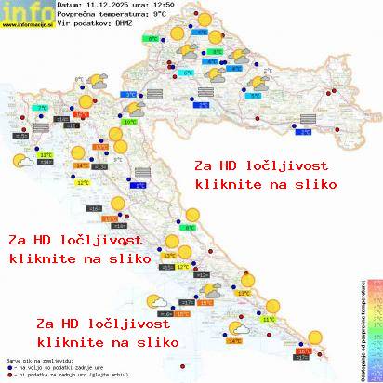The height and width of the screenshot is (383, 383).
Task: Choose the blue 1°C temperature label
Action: point(139,185)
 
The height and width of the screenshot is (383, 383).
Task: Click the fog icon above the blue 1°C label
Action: point(141,172)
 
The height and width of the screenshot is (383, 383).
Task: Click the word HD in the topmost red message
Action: point(231,165)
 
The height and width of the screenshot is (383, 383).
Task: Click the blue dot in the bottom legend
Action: point(8,363)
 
